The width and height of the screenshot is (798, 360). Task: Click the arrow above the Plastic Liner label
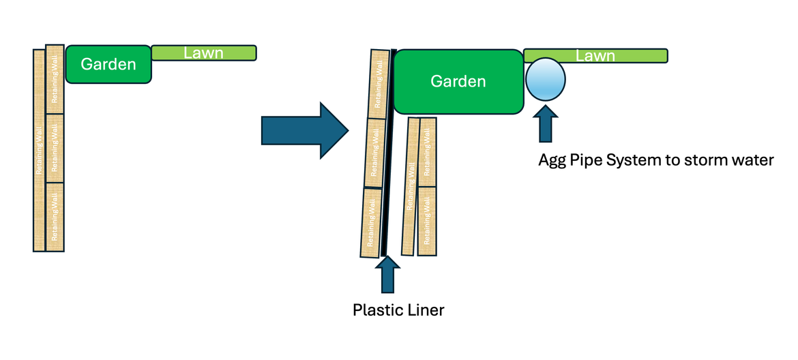pyautogui.click(x=387, y=274)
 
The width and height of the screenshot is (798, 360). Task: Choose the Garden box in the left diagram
pyautogui.click(x=108, y=65)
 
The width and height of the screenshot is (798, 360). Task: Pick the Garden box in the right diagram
pyautogui.click(x=458, y=82)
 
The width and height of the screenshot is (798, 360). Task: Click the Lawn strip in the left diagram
pyautogui.click(x=203, y=52)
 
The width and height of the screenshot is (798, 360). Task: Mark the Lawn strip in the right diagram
pyautogui.click(x=595, y=56)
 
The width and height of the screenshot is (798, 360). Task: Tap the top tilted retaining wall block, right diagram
pyautogui.click(x=379, y=83)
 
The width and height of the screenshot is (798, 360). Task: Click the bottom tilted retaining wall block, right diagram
pyautogui.click(x=371, y=222)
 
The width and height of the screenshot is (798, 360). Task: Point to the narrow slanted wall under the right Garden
pyautogui.click(x=410, y=186)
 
